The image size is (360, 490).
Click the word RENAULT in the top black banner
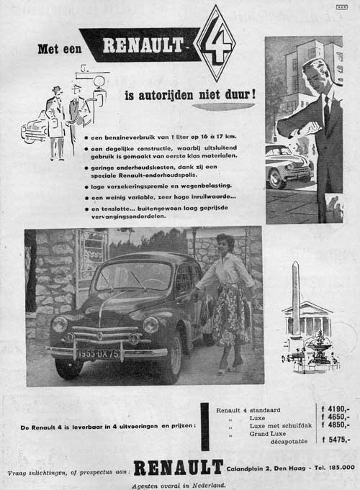point(144,46)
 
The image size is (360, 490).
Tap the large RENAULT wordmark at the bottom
point(178,468)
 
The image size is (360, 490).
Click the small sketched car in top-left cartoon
point(34,128)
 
